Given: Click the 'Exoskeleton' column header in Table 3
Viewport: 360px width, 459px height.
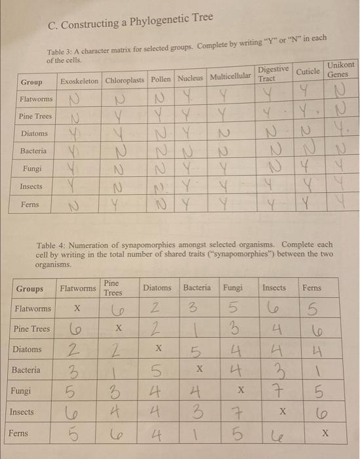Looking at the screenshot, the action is (x=79, y=81).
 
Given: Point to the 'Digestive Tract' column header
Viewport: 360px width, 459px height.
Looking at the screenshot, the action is (x=271, y=73).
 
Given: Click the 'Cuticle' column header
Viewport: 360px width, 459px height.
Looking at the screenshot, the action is (x=308, y=71).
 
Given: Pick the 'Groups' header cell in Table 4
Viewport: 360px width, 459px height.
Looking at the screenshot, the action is (x=30, y=289).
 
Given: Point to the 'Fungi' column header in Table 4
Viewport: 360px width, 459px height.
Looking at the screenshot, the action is (x=232, y=288).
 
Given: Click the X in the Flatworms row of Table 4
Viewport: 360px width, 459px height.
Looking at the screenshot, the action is (x=77, y=308).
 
